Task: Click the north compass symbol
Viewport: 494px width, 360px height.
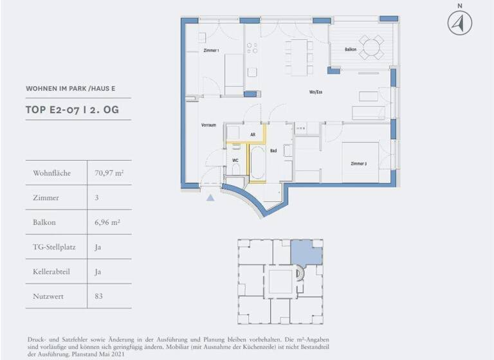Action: click(x=459, y=23)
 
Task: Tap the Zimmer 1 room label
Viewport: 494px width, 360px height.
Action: click(x=211, y=50)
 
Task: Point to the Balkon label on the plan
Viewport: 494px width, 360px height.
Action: click(x=351, y=49)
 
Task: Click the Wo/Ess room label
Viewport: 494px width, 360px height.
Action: click(x=315, y=92)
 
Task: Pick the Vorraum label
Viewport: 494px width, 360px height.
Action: click(x=208, y=125)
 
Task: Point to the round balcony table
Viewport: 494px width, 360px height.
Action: click(x=370, y=47)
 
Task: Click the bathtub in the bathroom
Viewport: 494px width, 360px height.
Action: click(x=257, y=163)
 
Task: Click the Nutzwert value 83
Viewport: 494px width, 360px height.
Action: click(x=98, y=296)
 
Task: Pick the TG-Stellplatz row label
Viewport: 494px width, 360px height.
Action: click(x=52, y=248)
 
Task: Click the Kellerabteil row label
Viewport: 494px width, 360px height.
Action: click(x=51, y=272)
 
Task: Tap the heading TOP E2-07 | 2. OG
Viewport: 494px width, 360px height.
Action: click(x=72, y=110)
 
